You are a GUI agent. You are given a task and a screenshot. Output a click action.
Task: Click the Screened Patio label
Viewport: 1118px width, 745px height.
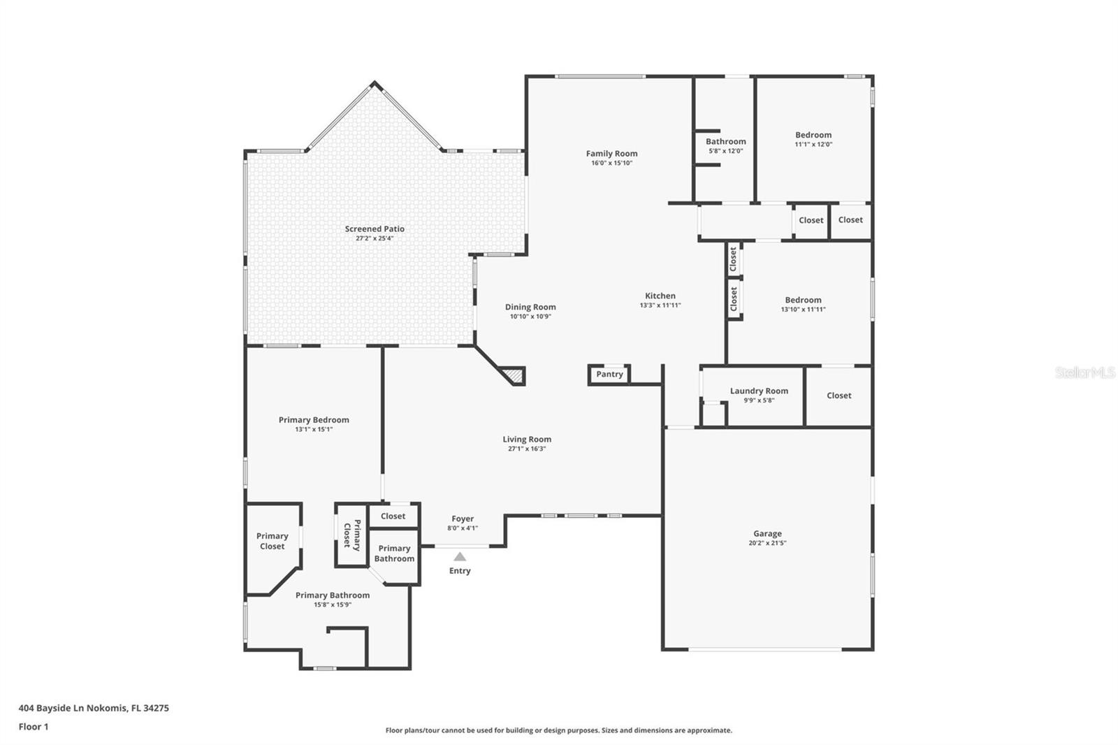click(375, 229)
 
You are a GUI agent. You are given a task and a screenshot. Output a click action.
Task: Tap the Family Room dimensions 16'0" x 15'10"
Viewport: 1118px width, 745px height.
click(611, 163)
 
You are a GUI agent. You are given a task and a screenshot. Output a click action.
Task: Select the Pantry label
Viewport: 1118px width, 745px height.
click(609, 374)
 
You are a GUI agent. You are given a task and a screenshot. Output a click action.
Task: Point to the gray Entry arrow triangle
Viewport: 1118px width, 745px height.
click(460, 556)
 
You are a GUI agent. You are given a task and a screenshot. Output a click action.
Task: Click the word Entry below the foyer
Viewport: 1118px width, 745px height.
click(460, 571)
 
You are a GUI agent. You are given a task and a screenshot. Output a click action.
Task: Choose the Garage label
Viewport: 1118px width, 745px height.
click(768, 533)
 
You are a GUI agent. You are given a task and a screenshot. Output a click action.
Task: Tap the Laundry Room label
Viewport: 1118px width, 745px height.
click(759, 391)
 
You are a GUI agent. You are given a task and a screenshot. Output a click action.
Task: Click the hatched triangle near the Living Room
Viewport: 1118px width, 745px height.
click(514, 375)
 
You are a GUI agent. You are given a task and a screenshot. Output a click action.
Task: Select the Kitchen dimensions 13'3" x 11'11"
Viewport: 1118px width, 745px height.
click(660, 305)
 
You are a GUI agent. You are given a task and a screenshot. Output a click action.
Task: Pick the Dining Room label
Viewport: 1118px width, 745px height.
click(530, 307)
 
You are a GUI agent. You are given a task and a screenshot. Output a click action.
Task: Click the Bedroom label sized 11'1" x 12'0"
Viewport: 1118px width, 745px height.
click(813, 135)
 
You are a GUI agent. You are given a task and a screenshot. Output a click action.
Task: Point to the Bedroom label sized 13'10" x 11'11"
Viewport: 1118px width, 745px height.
click(803, 300)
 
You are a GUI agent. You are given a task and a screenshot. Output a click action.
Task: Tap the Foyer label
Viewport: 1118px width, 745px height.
click(463, 519)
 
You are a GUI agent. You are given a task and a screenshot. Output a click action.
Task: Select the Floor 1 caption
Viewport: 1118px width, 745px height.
click(34, 727)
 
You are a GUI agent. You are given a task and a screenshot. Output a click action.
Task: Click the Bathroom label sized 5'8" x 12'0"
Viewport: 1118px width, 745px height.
click(726, 141)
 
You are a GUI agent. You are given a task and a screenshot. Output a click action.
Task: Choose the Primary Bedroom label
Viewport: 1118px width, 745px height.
click(314, 420)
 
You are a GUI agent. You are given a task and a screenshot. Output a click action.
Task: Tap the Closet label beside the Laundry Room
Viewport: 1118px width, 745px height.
click(839, 396)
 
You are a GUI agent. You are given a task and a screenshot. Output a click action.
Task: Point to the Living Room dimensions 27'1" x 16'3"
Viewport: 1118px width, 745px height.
click(527, 449)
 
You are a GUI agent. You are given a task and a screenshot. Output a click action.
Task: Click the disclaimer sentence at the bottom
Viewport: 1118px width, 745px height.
click(558, 730)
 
